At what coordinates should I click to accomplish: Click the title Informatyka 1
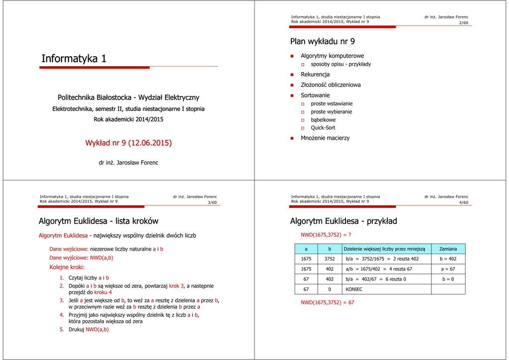74,59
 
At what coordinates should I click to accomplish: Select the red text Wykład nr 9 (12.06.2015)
128,143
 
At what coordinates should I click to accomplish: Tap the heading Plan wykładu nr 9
322,41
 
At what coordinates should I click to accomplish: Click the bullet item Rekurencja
315,75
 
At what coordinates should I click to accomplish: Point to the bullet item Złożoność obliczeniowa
331,85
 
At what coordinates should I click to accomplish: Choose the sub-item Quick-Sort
323,128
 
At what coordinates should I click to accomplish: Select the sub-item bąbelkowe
323,120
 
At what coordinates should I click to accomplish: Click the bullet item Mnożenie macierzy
325,138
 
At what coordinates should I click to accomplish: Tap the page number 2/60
463,23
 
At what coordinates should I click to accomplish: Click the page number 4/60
463,202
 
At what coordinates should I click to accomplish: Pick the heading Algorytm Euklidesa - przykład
343,221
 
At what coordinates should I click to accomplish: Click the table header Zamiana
448,249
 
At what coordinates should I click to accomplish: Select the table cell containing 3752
330,259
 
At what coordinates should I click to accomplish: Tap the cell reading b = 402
448,259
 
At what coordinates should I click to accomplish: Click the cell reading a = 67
448,269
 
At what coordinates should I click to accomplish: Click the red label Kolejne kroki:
67,268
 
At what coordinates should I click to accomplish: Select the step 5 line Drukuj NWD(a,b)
88,329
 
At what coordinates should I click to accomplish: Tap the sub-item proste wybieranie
331,112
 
